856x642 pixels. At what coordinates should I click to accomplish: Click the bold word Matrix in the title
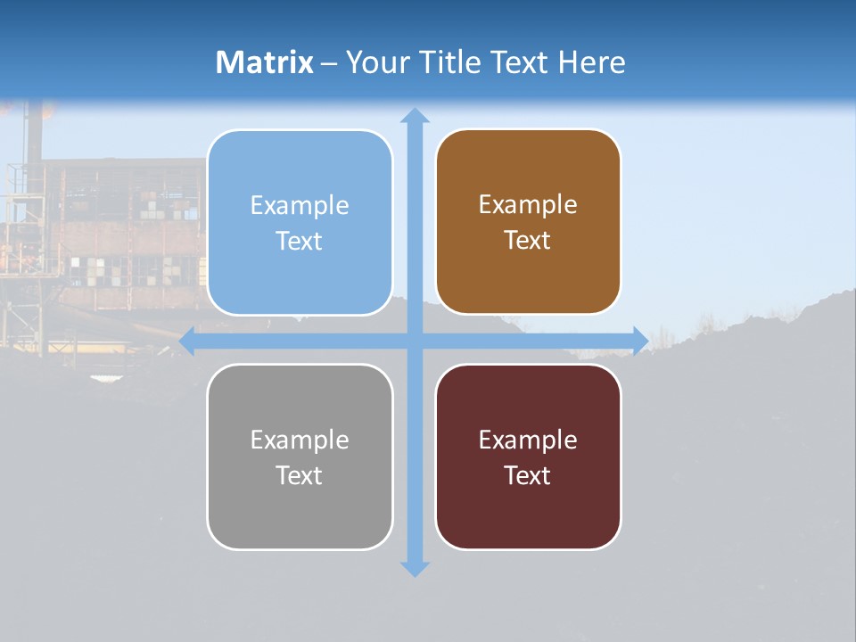[265, 62]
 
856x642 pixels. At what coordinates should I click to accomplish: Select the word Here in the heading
[591, 62]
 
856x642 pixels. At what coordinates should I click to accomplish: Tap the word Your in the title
[377, 62]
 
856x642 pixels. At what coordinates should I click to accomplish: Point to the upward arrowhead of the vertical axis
[415, 115]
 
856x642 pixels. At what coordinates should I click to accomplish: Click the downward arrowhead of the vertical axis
[415, 569]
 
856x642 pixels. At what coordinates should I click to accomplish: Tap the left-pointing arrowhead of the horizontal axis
[187, 341]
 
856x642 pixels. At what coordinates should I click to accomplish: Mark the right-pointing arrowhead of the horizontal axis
[640, 341]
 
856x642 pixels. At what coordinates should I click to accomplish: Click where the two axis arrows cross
[415, 341]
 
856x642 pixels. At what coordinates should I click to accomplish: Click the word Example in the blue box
[300, 206]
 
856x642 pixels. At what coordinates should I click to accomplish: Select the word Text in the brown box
[528, 241]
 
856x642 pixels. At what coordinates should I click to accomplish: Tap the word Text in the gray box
[300, 475]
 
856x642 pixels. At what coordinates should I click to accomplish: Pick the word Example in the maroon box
[528, 440]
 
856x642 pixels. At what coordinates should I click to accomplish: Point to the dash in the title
[329, 62]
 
